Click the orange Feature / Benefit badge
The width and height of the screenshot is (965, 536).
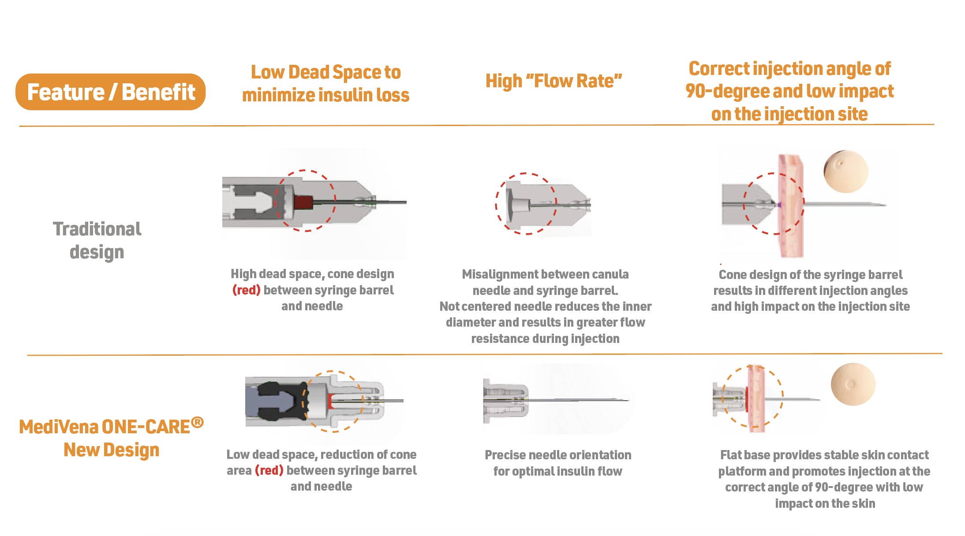tap(110, 92)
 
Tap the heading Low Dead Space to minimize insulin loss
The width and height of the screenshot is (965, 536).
tap(325, 84)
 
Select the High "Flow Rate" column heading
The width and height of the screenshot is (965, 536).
tap(554, 81)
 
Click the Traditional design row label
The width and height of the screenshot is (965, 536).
tap(97, 241)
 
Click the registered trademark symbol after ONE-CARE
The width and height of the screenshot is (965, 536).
tap(198, 422)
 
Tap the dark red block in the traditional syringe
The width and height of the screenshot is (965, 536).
tap(303, 202)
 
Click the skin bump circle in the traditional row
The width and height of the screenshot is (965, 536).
tap(845, 171)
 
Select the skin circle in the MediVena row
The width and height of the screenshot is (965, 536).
tap(853, 384)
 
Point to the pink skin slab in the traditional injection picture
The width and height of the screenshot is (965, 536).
tap(790, 205)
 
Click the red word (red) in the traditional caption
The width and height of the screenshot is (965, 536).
tap(246, 290)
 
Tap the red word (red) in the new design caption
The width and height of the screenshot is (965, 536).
tap(269, 470)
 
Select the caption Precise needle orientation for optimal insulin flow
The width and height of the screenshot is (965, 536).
tap(558, 463)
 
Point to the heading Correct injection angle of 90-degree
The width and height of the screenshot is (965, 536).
tap(789, 91)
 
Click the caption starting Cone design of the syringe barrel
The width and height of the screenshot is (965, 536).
tap(810, 290)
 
